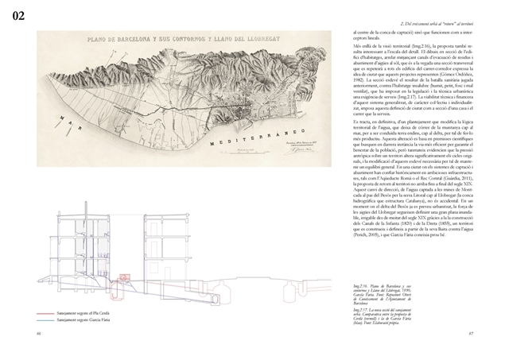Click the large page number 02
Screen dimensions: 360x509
(17, 14)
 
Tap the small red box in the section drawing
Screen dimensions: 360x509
(124, 277)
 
